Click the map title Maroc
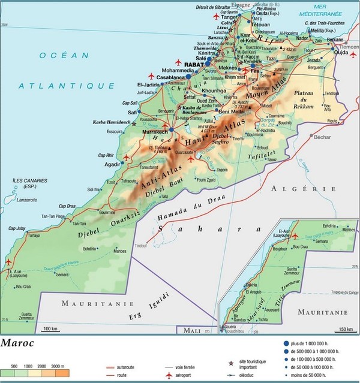(17, 344)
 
